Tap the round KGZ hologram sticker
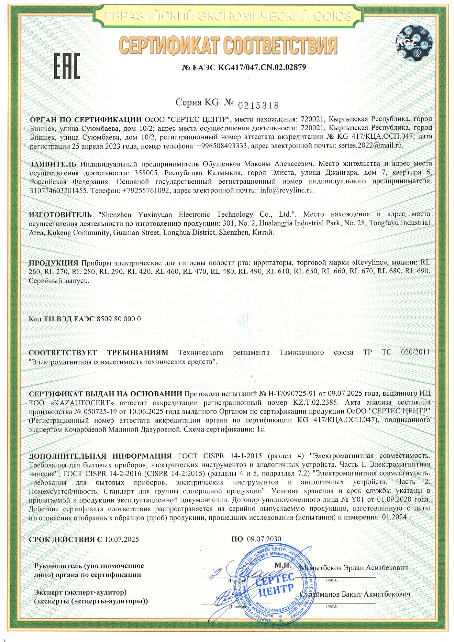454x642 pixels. (x=414, y=42)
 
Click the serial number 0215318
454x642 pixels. (x=258, y=106)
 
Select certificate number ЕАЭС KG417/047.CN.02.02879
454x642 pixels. (x=244, y=67)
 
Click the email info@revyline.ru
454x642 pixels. (x=287, y=190)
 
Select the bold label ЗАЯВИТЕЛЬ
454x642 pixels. (x=53, y=164)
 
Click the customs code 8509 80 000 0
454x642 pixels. (x=118, y=319)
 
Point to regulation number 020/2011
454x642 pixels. (x=415, y=352)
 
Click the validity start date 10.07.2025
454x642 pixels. (x=122, y=539)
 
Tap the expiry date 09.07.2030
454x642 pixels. (x=264, y=539)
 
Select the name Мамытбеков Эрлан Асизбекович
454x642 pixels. (x=354, y=568)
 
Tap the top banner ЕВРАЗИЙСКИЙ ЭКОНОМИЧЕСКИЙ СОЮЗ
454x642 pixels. (x=228, y=16)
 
